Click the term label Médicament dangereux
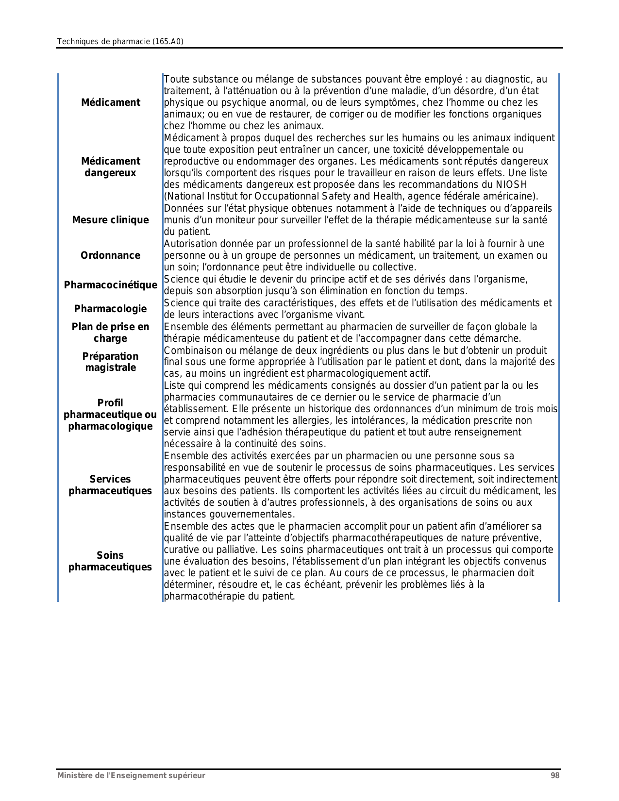110,167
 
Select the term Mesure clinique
110,220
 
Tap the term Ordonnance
110,255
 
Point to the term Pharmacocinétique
111,285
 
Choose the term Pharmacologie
110,309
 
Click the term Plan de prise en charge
110,333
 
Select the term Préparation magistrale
110,362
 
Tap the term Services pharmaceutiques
110,485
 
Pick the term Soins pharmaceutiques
110,561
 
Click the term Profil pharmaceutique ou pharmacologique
110,415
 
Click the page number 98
555,776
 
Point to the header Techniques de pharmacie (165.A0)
120,42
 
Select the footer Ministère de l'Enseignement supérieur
131,776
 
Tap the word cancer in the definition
302,150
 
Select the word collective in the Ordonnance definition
394,267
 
